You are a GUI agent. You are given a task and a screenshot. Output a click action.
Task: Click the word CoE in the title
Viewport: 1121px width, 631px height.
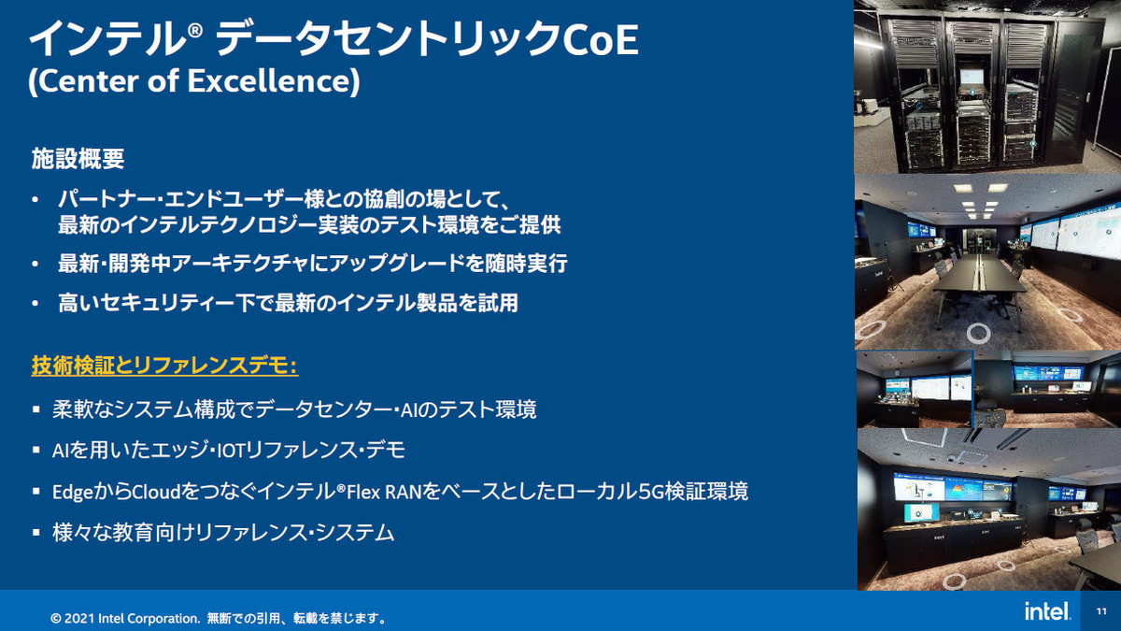coord(601,39)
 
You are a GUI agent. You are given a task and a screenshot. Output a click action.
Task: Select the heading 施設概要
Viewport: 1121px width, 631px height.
coord(78,159)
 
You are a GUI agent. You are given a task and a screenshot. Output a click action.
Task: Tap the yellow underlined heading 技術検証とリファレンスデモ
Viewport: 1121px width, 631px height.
coord(164,366)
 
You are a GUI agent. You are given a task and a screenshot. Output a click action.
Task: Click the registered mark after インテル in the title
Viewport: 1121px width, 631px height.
coord(195,31)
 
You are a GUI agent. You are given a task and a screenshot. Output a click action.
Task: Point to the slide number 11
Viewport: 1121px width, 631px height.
coord(1101,611)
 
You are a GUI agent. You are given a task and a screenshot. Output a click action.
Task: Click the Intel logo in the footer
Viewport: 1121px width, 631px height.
coord(1047,611)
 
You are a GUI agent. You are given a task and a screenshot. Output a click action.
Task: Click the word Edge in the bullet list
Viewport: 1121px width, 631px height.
coord(73,493)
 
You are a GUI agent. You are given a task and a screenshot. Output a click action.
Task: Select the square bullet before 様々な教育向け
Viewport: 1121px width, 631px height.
coord(36,532)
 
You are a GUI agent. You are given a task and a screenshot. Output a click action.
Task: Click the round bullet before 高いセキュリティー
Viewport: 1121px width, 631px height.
coord(35,304)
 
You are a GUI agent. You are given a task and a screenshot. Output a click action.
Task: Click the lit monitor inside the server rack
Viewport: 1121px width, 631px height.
coord(972,78)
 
